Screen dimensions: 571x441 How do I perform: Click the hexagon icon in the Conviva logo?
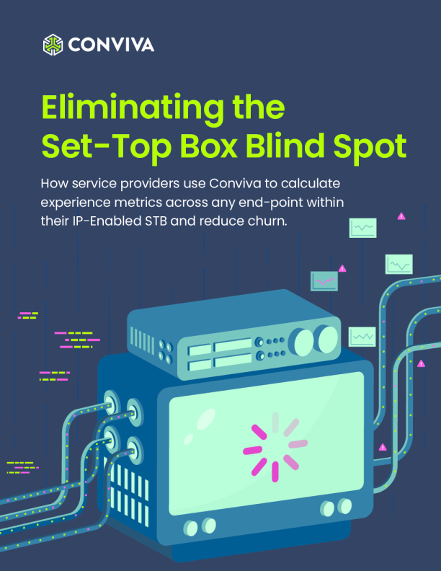point(54,45)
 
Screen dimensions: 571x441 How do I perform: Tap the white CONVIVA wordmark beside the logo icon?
point(111,45)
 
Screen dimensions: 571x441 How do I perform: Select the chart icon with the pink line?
point(324,280)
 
